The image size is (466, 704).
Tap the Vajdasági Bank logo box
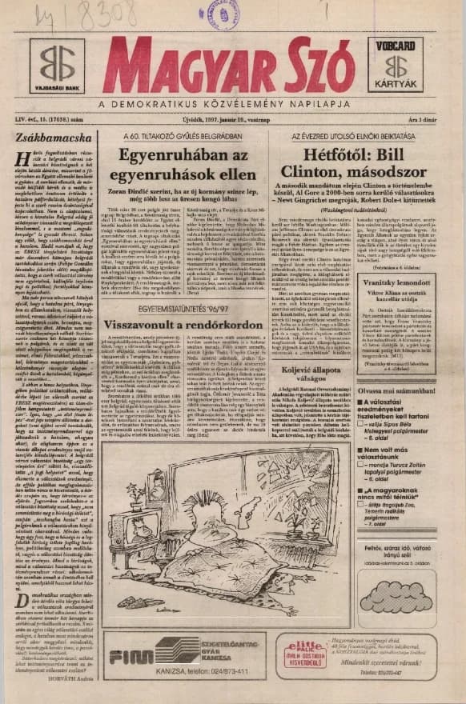(58, 65)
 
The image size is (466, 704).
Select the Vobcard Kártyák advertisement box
(399, 65)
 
